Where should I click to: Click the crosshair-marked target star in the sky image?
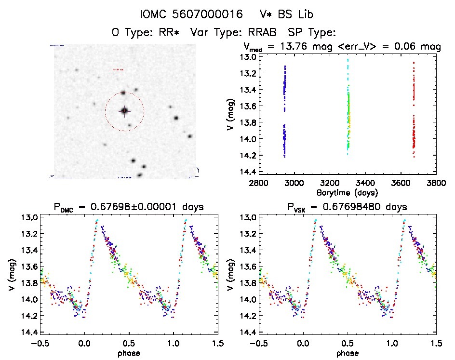124,111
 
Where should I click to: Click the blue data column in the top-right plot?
284,111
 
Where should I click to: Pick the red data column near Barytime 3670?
414,111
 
